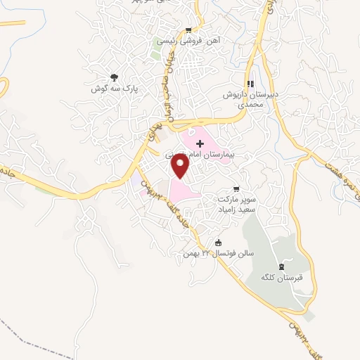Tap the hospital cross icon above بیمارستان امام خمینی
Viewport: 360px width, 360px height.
[200, 143]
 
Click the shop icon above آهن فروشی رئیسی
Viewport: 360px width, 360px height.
[188, 30]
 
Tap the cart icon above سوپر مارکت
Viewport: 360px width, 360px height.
[236, 188]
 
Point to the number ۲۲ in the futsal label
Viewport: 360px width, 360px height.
[207, 252]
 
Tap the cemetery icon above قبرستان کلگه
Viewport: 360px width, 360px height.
[282, 266]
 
